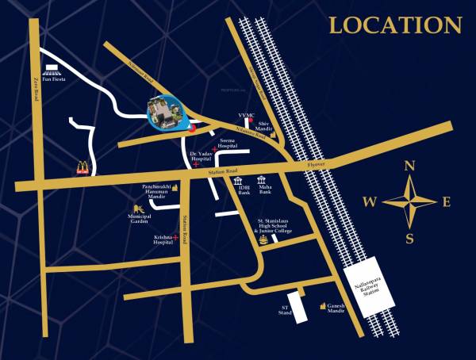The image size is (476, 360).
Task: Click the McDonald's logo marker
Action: point(83,167)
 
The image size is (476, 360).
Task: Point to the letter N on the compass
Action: point(410,167)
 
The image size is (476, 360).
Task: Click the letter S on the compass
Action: point(409,238)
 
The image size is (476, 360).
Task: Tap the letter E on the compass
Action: point(446,202)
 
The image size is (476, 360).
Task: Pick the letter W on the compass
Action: point(370,202)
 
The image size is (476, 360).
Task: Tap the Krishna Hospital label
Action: point(163,239)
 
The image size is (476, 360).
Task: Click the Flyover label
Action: point(317,164)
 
